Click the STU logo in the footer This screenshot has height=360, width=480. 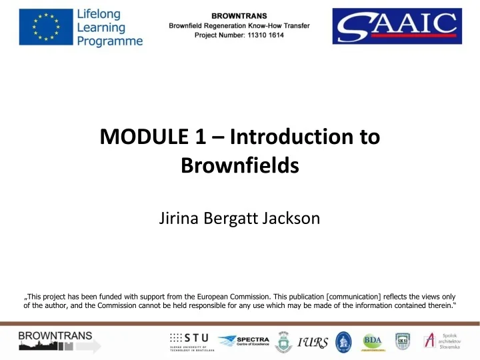[188, 341]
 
